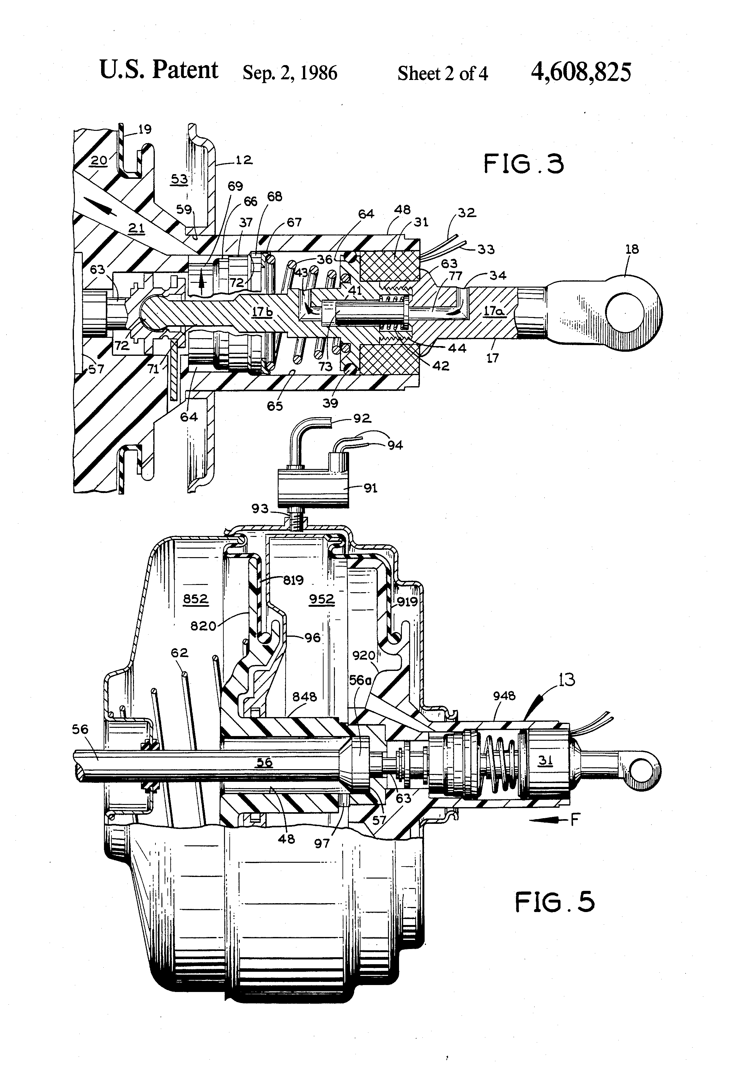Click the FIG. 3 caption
524,164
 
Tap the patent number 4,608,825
581,72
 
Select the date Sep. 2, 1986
290,73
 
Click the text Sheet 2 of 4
443,74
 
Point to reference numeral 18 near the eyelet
632,249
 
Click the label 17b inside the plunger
262,312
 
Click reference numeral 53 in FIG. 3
180,179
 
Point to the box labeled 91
313,488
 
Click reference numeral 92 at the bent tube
362,418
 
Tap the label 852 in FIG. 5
195,599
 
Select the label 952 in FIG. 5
322,599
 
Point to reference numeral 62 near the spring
179,653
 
